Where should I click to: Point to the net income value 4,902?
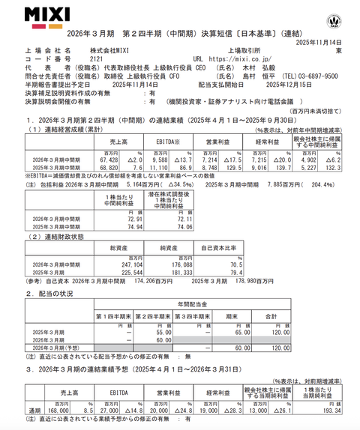[317, 160]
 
